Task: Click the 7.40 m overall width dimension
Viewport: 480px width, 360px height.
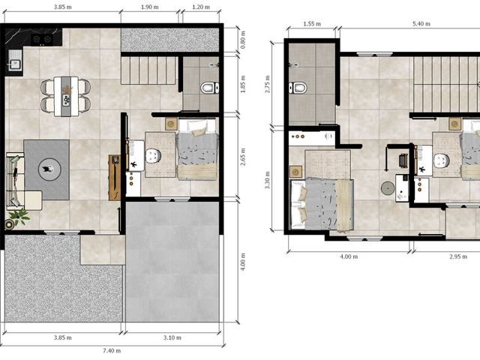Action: pyautogui.click(x=112, y=351)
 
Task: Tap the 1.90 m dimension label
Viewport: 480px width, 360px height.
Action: pyautogui.click(x=150, y=7)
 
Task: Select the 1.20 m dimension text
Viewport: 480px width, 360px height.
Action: pyautogui.click(x=201, y=7)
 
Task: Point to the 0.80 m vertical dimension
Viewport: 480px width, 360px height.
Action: pyautogui.click(x=243, y=40)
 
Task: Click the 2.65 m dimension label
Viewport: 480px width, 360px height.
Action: pyautogui.click(x=243, y=157)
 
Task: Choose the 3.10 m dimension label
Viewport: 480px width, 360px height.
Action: pyautogui.click(x=172, y=337)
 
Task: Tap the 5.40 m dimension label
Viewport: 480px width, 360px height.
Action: pyautogui.click(x=421, y=24)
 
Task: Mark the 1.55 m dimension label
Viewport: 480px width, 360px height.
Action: pyautogui.click(x=312, y=24)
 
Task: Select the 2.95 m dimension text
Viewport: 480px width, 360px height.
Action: pyautogui.click(x=458, y=256)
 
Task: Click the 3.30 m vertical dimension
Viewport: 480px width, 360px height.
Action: pyautogui.click(x=268, y=180)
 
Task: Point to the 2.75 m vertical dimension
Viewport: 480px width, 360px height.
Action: pyautogui.click(x=268, y=84)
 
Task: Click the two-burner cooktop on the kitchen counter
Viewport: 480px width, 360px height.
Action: pyautogui.click(x=42, y=39)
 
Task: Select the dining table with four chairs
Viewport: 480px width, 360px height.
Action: pyautogui.click(x=66, y=97)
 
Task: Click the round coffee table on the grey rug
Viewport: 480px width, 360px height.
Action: pyautogui.click(x=49, y=169)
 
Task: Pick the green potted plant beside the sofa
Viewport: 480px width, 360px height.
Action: pyautogui.click(x=19, y=217)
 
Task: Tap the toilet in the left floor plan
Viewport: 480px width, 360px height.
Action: pyautogui.click(x=210, y=88)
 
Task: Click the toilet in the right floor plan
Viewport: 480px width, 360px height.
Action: pyautogui.click(x=298, y=88)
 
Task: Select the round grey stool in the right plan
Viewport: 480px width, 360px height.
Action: pyautogui.click(x=388, y=188)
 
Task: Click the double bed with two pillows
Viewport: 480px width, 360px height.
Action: pyautogui.click(x=322, y=204)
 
